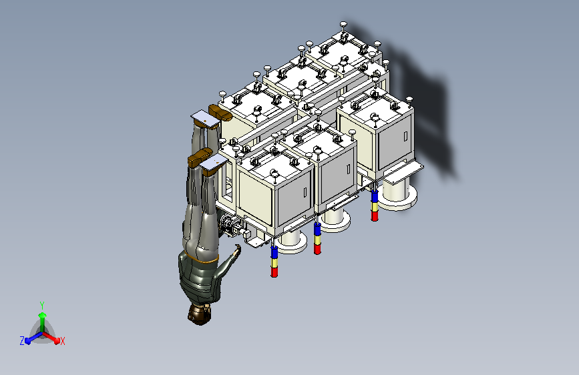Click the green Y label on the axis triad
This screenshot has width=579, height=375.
point(42,306)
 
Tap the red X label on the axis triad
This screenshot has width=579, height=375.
point(62,342)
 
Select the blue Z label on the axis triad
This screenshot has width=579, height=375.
point(22,341)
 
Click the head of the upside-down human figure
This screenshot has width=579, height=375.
point(200,314)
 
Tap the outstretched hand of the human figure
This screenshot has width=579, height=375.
point(236,250)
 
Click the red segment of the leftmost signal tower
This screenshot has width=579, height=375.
point(274,272)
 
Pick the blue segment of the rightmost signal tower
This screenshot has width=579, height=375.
point(375,197)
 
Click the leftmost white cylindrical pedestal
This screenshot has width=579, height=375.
point(292,242)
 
